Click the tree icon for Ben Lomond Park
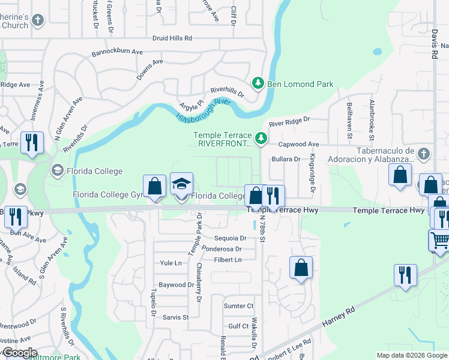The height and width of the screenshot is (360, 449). coord(258,83)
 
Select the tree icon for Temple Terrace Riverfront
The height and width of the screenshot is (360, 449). coord(261,139)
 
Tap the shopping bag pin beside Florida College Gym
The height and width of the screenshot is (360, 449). coord(155,187)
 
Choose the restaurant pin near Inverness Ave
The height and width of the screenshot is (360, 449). coord(31,143)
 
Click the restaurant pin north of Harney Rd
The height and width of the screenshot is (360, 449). coord(405,275)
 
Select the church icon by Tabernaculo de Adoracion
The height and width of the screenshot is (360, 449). coord(423,154)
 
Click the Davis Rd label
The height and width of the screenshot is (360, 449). coord(434,46)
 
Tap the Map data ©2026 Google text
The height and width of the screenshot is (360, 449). coord(412,355)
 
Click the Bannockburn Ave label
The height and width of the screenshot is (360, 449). coord(116,53)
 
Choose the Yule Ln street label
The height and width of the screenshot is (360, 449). coord(170,263)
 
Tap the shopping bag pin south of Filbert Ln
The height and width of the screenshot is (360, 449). coord(301,268)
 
